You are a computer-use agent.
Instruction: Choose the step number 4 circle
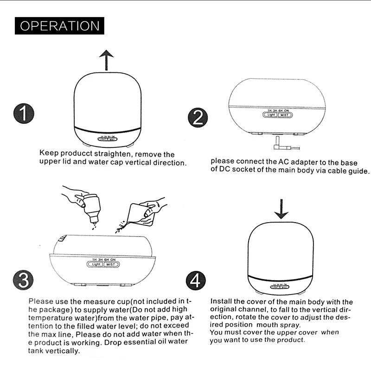click(x=196, y=281)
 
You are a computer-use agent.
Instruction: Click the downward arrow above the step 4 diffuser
click(x=281, y=209)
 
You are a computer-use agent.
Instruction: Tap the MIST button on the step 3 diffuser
click(x=110, y=264)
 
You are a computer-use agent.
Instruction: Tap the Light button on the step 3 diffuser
click(x=96, y=264)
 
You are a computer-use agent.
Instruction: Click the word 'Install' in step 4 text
click(x=220, y=301)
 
